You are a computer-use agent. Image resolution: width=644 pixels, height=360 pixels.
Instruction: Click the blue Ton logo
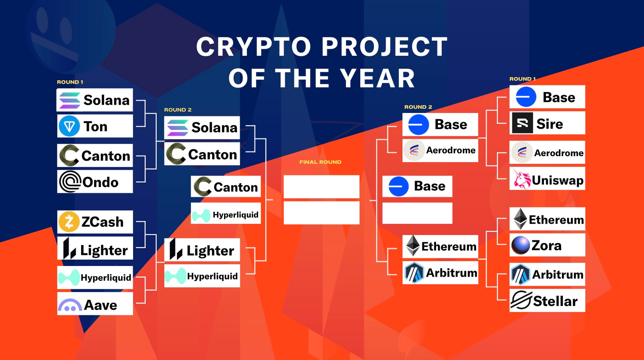point(69,126)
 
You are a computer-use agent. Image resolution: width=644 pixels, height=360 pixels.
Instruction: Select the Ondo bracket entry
point(95,182)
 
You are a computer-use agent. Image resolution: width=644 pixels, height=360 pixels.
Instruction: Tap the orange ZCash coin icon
point(69,222)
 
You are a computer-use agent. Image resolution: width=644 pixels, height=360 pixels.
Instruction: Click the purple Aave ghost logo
point(70,305)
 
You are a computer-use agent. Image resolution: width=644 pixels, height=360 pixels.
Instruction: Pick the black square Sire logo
point(522,123)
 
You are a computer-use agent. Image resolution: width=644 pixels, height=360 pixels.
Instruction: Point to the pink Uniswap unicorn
point(522,178)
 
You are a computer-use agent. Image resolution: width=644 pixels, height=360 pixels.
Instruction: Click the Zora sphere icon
point(520,245)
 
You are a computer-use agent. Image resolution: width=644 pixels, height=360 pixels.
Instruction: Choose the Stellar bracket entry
point(547,300)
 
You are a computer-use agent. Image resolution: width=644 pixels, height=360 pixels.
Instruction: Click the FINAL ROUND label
point(320,162)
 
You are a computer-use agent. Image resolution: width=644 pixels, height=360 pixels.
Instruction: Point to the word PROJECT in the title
point(384,46)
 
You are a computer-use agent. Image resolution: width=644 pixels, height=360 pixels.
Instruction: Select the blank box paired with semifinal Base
point(417,213)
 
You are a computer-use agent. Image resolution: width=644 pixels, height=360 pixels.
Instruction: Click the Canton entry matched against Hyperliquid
point(226,187)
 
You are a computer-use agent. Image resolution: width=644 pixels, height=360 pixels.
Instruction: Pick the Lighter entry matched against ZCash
point(95,248)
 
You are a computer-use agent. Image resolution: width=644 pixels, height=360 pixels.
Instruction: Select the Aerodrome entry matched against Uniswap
point(547,152)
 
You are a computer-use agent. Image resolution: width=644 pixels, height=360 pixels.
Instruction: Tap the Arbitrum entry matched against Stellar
point(547,274)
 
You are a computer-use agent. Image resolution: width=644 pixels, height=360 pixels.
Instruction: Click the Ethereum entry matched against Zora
point(547,219)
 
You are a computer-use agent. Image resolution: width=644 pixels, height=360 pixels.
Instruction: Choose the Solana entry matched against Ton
point(95,100)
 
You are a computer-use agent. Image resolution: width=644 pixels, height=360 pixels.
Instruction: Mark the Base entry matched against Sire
point(547,97)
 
